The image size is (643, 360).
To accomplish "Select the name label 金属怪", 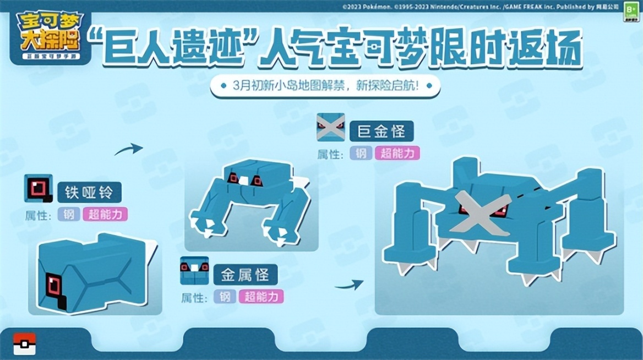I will click(x=245, y=274).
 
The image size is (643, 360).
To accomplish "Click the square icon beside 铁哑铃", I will click(x=39, y=188).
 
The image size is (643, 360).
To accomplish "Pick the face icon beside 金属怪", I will click(x=194, y=270).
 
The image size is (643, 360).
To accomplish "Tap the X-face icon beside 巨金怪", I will click(x=330, y=128).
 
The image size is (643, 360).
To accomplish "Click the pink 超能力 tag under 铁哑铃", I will click(x=105, y=214).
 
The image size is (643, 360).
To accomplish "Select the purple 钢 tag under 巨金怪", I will click(x=361, y=154).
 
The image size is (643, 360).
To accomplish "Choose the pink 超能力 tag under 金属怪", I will click(x=261, y=297).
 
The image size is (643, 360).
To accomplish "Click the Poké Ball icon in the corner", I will click(x=24, y=343).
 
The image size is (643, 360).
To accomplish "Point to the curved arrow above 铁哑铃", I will click(x=128, y=149).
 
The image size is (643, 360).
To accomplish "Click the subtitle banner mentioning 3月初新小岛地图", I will click(x=318, y=86).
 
